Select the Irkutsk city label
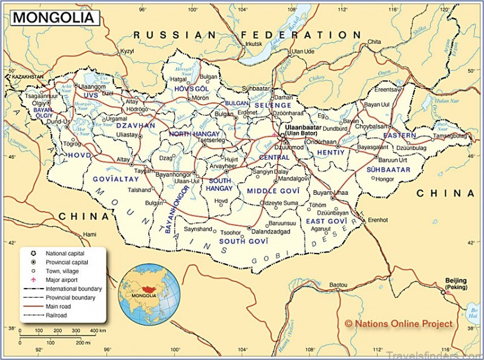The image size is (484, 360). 253,44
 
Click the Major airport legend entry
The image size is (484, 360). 64,280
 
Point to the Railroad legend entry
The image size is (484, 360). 59,316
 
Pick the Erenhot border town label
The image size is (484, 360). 378,220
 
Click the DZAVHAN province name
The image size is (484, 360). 137,125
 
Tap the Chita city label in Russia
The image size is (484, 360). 374,42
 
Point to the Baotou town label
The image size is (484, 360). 338,284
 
